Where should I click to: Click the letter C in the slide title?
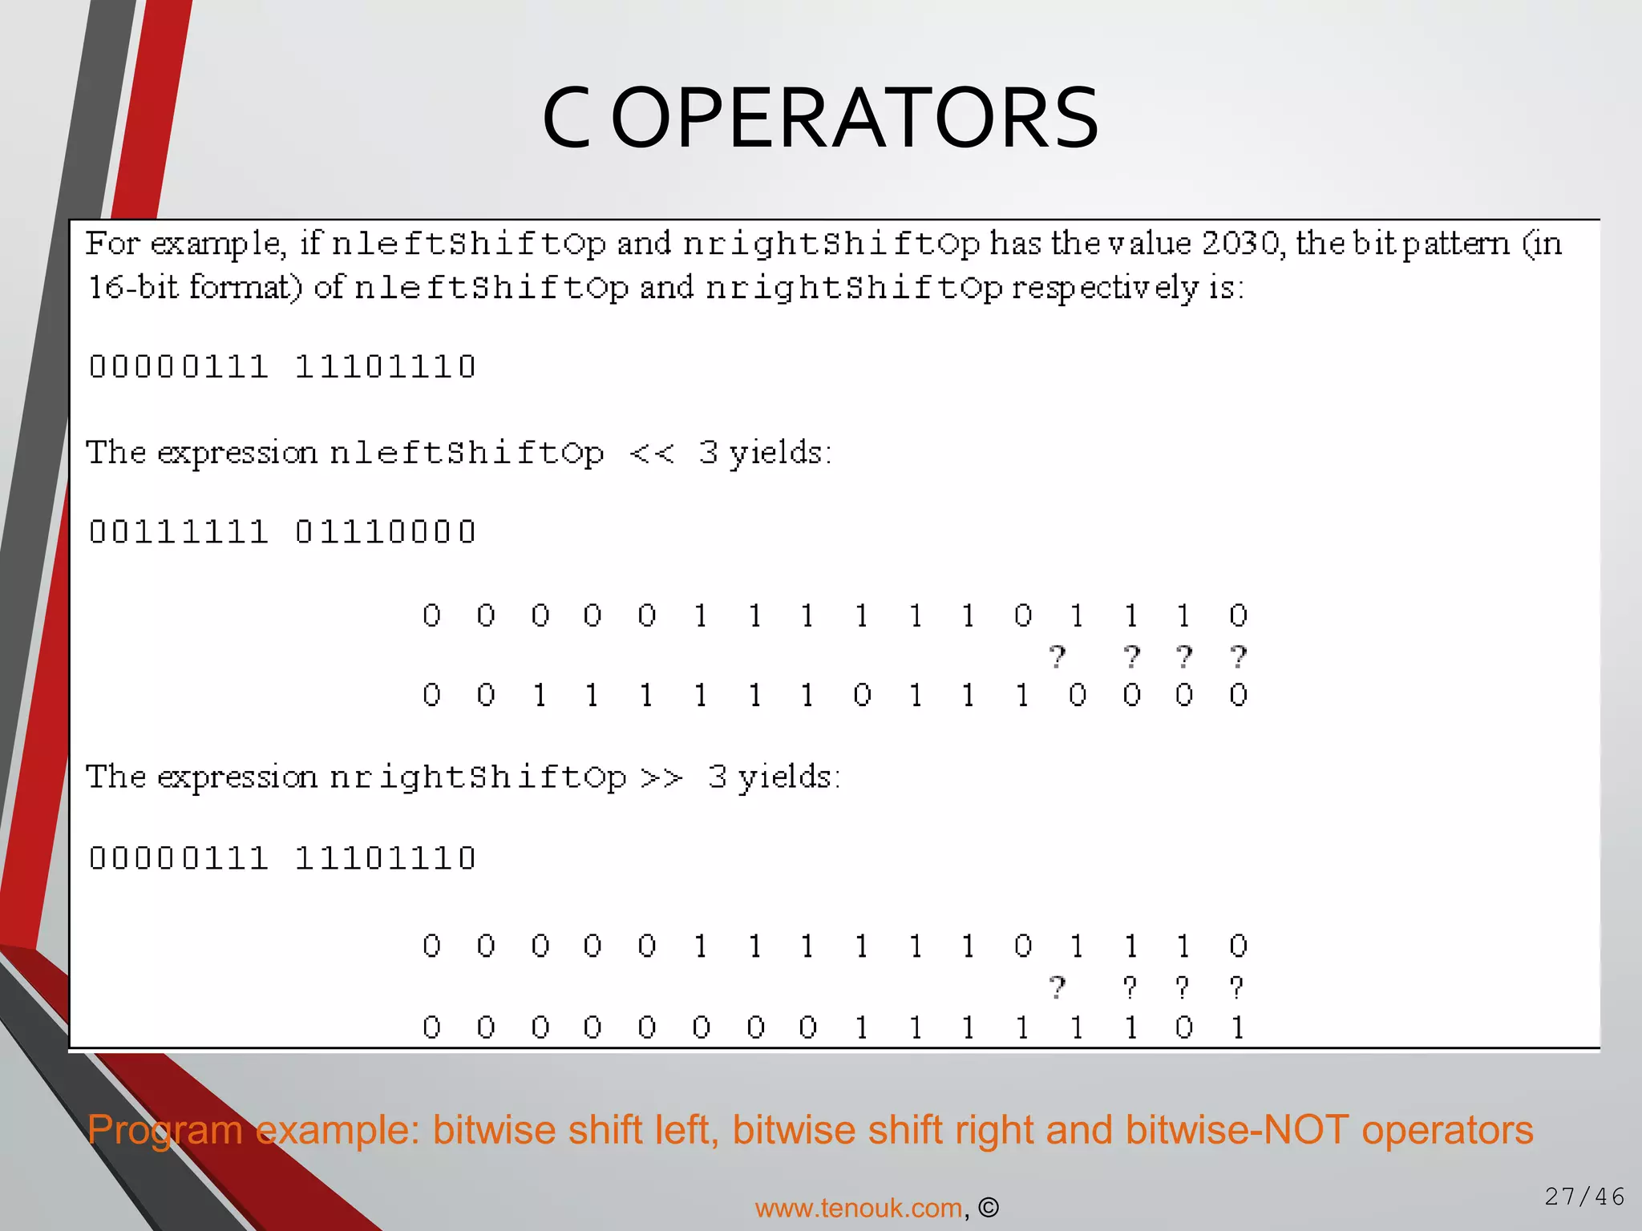[566, 119]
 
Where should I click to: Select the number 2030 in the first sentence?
[1240, 243]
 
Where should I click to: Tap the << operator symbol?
[652, 454]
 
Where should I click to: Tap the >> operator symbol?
[661, 777]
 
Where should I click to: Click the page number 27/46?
[1584, 1197]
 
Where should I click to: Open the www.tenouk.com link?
[858, 1207]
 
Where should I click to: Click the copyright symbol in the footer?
[989, 1207]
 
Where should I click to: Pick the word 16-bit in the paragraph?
[132, 287]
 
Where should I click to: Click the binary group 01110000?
[386, 532]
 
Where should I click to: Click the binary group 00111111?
[178, 532]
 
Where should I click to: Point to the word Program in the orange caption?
[164, 1130]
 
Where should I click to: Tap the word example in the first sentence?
[217, 244]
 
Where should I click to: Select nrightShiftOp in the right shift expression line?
[478, 777]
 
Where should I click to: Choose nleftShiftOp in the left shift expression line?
[467, 454]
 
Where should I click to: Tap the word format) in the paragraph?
[246, 287]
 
